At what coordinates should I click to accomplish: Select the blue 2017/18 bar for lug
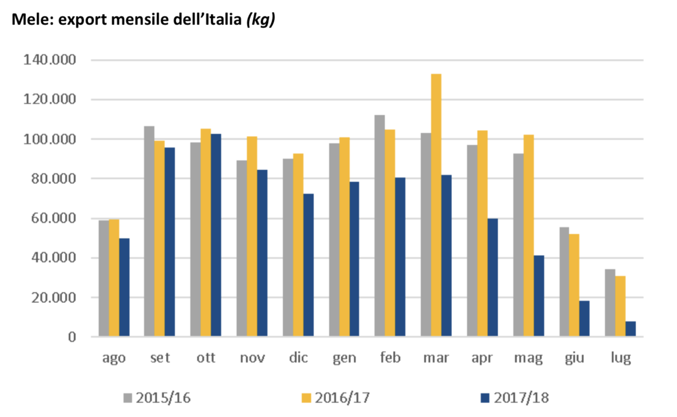tap(631, 329)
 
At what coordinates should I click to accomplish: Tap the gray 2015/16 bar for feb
tap(380, 226)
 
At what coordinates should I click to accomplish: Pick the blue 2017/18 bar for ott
tap(216, 235)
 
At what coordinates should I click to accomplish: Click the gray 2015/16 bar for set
tap(149, 231)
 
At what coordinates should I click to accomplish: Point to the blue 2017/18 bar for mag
tap(539, 296)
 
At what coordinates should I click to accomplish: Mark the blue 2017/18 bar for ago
tap(124, 288)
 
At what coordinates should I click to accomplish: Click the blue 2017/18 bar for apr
tap(492, 278)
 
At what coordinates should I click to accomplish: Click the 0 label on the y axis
tap(72, 337)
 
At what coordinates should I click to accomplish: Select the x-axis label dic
tap(298, 358)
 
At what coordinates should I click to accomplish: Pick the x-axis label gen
tap(344, 358)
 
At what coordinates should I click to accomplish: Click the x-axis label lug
tap(620, 358)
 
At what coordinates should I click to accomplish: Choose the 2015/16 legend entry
tap(157, 398)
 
